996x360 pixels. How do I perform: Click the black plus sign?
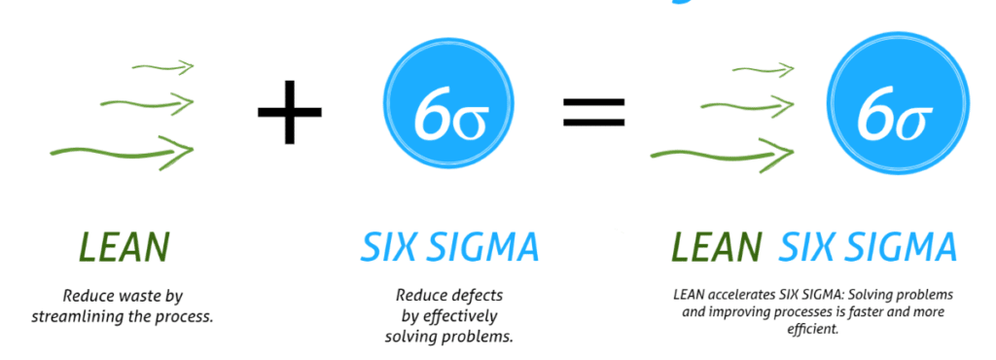click(289, 112)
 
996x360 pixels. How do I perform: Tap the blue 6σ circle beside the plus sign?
click(447, 102)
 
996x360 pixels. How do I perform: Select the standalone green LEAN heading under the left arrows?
click(124, 247)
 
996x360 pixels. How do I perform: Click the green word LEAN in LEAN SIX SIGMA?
click(716, 247)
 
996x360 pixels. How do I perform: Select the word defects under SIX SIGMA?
click(475, 295)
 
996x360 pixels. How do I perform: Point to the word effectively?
click(460, 315)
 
